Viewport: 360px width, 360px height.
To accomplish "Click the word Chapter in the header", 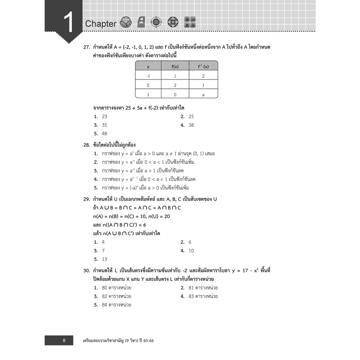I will coord(101,24).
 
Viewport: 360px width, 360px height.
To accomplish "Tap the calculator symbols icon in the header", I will coord(190,22).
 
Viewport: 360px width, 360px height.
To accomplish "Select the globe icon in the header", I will coord(155,22).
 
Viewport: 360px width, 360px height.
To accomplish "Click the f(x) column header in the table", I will coord(175,66).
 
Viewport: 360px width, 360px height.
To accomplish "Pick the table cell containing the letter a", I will coord(203,95).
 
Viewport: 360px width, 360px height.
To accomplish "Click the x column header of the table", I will coord(148,66).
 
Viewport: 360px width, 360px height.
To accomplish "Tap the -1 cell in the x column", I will coord(148,76).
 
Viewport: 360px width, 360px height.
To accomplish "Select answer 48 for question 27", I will coord(104,134).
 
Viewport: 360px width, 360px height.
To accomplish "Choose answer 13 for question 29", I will coord(104,259).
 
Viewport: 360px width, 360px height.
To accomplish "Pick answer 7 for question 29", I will coord(103,251).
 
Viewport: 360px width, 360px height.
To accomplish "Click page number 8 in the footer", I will coord(64,340).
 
